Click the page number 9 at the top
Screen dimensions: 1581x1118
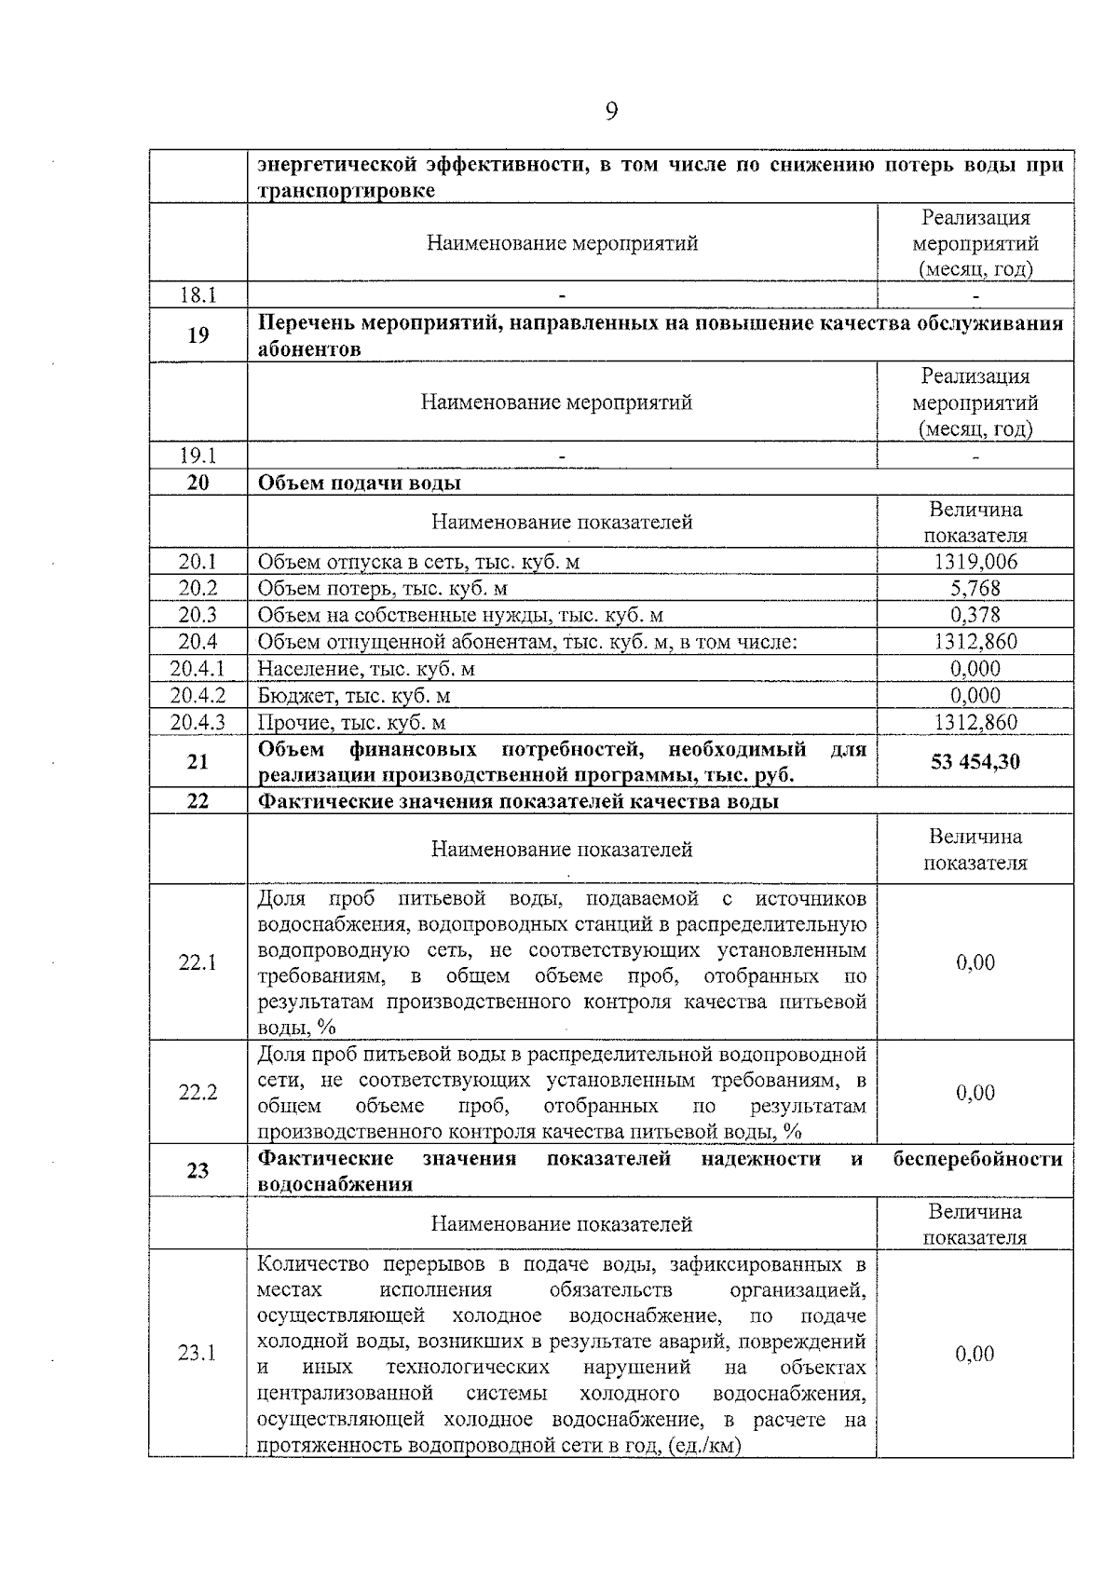(611, 113)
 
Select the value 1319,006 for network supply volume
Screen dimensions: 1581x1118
(975, 562)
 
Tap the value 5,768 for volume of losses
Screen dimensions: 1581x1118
(975, 588)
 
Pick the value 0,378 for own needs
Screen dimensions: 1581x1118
(975, 615)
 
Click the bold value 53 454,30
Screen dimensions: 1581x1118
(975, 762)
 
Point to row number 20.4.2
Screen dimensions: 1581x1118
(198, 696)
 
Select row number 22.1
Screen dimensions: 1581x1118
(198, 962)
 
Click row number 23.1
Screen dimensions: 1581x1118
(198, 1354)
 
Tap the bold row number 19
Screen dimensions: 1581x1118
(198, 335)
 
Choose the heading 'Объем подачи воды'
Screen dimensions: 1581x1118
(359, 483)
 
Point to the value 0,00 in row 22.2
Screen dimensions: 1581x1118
(975, 1093)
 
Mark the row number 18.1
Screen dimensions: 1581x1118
(198, 295)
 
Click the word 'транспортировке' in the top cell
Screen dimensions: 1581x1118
(346, 191)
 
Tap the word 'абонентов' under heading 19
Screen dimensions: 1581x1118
(309, 350)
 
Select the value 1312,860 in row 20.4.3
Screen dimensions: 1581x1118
(975, 723)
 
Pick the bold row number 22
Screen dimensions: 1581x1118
(198, 801)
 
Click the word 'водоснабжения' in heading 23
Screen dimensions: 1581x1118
(334, 1185)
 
